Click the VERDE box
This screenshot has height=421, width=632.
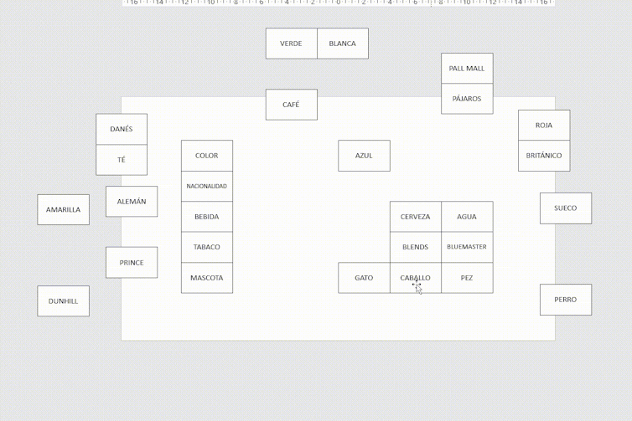292,44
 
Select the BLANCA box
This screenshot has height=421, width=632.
343,44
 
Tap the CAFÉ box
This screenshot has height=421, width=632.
292,105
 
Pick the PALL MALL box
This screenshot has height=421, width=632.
467,69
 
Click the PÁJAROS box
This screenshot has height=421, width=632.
467,99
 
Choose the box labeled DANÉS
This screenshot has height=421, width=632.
122,129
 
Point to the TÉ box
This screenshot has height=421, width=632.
122,160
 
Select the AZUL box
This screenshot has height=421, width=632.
364,156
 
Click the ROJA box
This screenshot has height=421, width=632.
544,126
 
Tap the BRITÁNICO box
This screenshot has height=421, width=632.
544,156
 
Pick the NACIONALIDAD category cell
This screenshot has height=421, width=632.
207,187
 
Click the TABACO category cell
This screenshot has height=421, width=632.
207,247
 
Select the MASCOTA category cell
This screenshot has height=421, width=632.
207,278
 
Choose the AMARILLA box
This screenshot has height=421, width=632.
63,210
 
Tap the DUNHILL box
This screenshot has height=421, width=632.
63,301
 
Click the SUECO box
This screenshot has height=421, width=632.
566,208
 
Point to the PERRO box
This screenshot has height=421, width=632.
566,300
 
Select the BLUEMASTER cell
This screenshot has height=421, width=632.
467,247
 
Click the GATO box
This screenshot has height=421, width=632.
364,278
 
